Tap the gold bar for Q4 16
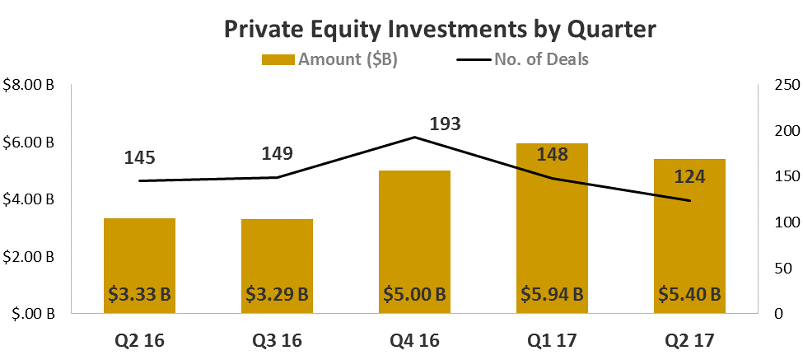coord(414,231)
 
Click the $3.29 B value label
coord(277,294)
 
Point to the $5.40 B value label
coord(689,294)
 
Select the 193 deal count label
coord(445,124)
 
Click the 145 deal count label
coord(139,158)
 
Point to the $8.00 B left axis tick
coord(30,85)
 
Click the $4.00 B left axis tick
coord(30,199)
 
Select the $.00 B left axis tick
coord(33,314)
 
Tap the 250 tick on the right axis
coord(778,85)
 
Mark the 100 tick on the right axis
coord(778,222)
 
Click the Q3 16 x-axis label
coord(277,339)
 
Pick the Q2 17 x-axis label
coord(689,339)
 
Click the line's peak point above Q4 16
coord(414,138)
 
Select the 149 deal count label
coord(277,154)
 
